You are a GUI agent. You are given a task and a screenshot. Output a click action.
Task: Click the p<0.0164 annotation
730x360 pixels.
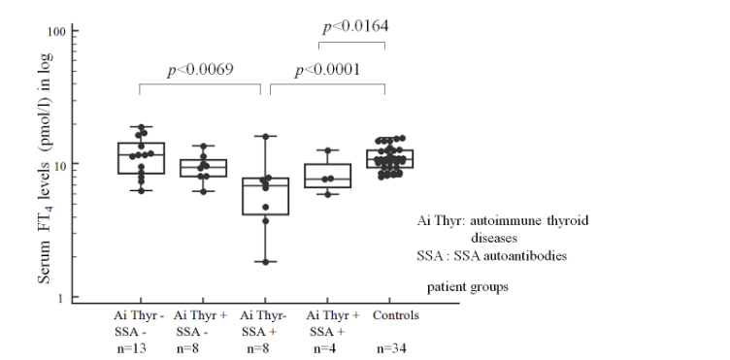click(354, 26)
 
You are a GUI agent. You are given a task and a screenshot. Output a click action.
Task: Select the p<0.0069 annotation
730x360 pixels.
click(201, 70)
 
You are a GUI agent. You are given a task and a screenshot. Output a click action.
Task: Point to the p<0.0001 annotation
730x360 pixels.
click(327, 70)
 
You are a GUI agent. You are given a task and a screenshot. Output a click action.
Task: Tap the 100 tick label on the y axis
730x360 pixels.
click(56, 32)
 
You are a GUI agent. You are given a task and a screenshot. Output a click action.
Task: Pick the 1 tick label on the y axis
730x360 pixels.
click(63, 298)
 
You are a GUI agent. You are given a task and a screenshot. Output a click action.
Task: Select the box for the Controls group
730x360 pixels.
click(385, 159)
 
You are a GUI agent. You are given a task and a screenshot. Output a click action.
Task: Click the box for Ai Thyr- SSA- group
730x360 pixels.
click(141, 158)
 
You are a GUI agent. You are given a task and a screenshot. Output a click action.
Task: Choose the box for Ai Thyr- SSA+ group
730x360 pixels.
click(263, 196)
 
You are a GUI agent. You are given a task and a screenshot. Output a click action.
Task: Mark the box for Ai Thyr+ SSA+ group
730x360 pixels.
click(327, 176)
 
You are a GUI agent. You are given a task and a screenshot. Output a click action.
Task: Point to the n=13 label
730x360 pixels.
click(141, 348)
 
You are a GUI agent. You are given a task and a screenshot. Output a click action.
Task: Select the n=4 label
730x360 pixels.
click(328, 348)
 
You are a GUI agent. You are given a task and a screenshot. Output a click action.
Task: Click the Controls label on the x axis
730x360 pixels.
click(386, 316)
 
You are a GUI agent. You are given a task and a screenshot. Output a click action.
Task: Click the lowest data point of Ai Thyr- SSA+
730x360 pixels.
click(263, 262)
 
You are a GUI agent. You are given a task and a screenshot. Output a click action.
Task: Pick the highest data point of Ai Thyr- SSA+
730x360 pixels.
click(263, 137)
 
